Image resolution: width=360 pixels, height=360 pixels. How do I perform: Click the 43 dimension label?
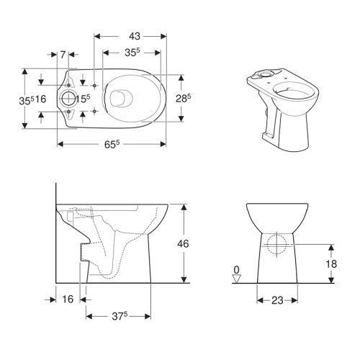[134, 36]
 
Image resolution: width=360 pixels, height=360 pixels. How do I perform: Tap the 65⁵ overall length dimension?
[112, 144]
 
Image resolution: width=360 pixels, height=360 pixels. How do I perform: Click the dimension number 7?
[63, 55]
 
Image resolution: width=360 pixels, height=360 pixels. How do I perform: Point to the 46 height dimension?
[183, 243]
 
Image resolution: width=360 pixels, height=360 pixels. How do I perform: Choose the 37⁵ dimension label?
[120, 317]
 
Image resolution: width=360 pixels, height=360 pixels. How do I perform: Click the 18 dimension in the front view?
[331, 264]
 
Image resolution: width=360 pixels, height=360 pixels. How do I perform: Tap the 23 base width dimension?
[277, 300]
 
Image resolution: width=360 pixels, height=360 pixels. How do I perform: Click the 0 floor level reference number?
[237, 270]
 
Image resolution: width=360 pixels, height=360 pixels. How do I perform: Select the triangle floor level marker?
[237, 279]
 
